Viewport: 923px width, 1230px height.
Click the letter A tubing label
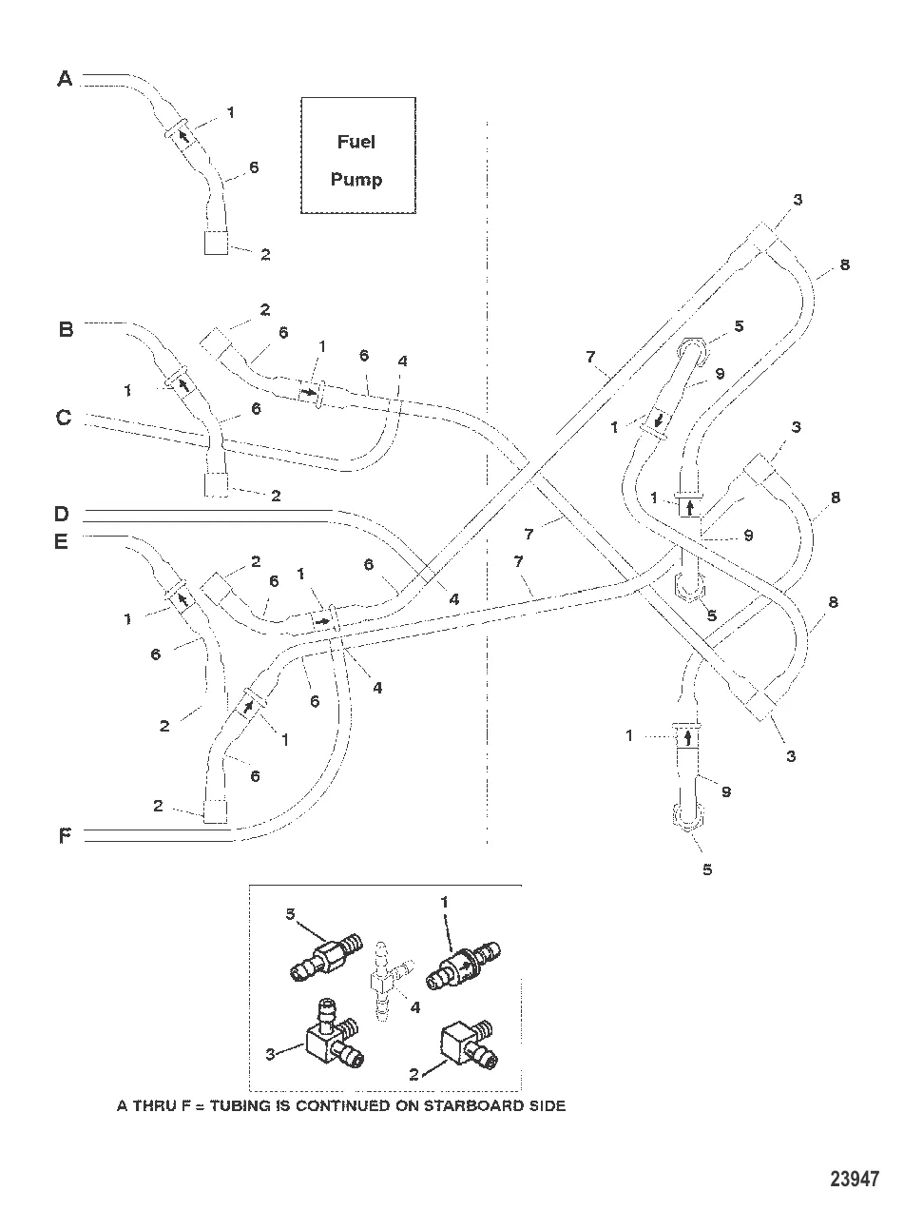point(65,79)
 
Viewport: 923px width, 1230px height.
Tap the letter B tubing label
point(66,329)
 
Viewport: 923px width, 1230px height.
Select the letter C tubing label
point(64,417)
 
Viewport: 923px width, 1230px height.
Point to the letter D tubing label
point(62,514)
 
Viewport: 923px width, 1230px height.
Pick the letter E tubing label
point(62,541)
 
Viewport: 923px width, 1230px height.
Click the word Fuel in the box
point(356,142)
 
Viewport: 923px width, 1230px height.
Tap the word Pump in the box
point(356,179)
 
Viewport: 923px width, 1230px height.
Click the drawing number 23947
point(855,1180)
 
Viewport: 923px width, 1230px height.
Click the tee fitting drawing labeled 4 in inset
point(388,980)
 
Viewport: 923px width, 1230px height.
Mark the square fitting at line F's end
point(217,810)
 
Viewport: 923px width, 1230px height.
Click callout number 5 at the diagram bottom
point(707,869)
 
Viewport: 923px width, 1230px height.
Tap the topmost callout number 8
point(844,264)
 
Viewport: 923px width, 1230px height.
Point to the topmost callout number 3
point(798,200)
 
